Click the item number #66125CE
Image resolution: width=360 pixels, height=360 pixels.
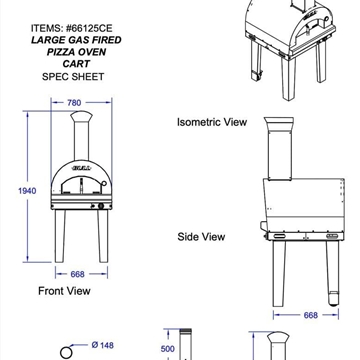pos(89,28)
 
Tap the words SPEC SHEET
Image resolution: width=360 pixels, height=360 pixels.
pos(73,76)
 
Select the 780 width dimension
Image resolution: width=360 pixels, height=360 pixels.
pos(74,103)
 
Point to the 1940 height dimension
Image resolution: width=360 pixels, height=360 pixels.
pos(27,191)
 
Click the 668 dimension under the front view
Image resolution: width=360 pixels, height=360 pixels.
pos(77,274)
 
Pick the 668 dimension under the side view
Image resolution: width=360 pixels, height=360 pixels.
pos(310,315)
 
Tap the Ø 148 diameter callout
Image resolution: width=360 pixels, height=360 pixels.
pos(102,345)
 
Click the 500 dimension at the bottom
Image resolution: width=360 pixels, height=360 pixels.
pos(168,349)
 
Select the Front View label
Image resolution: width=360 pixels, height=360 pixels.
pos(64,291)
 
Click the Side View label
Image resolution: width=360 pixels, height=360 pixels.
pos(201,237)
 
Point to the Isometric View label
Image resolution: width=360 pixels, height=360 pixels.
pos(212,122)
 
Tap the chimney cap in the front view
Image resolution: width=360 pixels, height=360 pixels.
pos(81,116)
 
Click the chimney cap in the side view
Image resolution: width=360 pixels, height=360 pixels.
pos(279,121)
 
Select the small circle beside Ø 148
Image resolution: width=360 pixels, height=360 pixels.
pos(66,352)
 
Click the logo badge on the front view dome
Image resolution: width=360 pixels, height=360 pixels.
pos(81,168)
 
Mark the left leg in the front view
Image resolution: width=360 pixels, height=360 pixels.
pos(60,236)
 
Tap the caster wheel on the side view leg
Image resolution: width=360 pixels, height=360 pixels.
pos(333,299)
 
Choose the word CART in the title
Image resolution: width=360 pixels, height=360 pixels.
pos(76,64)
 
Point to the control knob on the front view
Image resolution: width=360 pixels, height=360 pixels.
pos(101,206)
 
